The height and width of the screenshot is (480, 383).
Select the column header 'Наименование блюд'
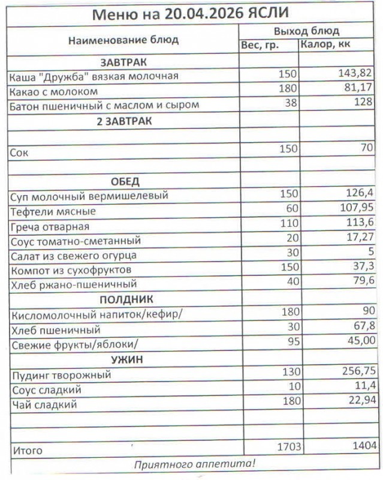point(123,40)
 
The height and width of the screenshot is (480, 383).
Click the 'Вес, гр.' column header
point(260,46)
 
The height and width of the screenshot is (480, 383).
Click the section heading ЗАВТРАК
point(123,62)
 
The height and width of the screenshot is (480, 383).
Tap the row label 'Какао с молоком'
point(53,91)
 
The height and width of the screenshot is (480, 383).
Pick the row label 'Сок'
point(19,152)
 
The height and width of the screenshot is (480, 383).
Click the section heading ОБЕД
point(125,181)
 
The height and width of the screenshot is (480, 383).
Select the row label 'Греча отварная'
point(49,226)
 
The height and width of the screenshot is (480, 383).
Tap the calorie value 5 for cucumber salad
point(372,253)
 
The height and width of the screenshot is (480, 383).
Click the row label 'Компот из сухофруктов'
point(71,270)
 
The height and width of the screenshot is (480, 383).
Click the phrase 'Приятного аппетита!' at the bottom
point(194,464)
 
